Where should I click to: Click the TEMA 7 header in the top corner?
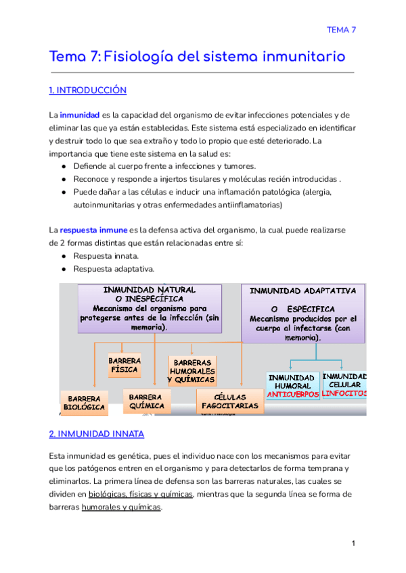(341, 30)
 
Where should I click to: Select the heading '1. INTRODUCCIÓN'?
(88, 91)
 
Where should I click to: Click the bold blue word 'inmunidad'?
(80, 115)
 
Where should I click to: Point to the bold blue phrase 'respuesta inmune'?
(93, 230)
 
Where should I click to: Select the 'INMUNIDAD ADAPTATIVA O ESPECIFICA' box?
(303, 313)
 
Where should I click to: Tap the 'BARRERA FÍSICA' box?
(125, 365)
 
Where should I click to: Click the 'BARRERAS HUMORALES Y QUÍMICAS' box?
(191, 371)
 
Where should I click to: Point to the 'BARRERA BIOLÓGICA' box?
(84, 403)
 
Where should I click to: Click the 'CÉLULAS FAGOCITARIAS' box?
(229, 401)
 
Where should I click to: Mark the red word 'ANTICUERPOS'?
(292, 394)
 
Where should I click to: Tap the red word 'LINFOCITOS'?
(344, 393)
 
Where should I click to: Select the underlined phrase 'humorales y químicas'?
(121, 507)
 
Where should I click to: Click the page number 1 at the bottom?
(353, 544)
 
